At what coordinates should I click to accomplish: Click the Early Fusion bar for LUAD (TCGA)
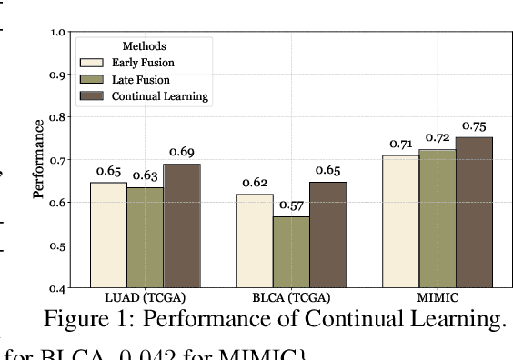108,235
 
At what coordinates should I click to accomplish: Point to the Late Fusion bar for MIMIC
438,218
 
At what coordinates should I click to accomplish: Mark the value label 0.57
292,205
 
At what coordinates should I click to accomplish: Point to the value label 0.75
475,126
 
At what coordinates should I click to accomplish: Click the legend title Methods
144,45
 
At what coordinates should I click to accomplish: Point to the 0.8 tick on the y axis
59,117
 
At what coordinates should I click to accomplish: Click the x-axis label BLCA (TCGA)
292,298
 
